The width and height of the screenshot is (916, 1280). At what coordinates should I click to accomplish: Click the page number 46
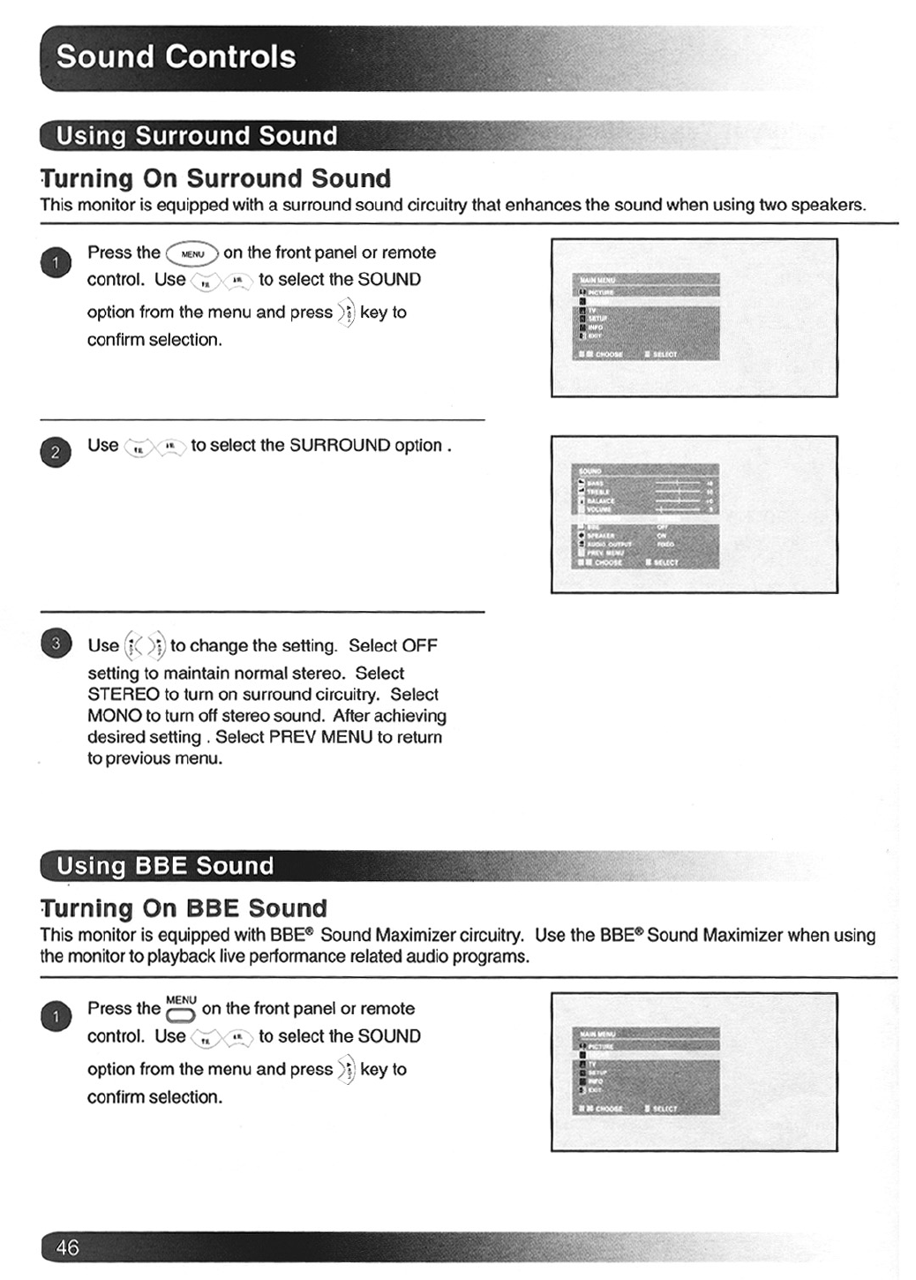point(67,1246)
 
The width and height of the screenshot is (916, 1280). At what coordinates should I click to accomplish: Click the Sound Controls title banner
point(176,57)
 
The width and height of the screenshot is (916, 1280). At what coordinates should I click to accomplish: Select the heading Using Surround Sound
point(196,136)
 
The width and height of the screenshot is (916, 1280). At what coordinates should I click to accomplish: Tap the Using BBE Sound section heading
point(165,866)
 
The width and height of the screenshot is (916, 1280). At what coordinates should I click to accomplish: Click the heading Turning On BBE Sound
point(184,908)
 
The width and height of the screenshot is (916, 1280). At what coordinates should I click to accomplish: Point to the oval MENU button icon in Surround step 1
point(192,254)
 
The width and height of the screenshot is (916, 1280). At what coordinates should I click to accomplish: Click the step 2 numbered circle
point(56,453)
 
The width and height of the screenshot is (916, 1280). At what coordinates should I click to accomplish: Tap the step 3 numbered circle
point(56,644)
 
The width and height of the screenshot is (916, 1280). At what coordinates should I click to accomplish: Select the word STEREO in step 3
point(124,695)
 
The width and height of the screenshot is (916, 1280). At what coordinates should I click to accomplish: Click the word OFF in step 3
point(419,646)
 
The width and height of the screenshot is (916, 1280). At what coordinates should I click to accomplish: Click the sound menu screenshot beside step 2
point(694,514)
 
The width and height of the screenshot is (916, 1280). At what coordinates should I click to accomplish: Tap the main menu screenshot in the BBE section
point(694,1072)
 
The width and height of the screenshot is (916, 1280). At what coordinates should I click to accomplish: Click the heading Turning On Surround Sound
point(215,179)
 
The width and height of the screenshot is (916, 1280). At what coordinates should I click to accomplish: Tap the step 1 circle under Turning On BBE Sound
point(56,1017)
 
